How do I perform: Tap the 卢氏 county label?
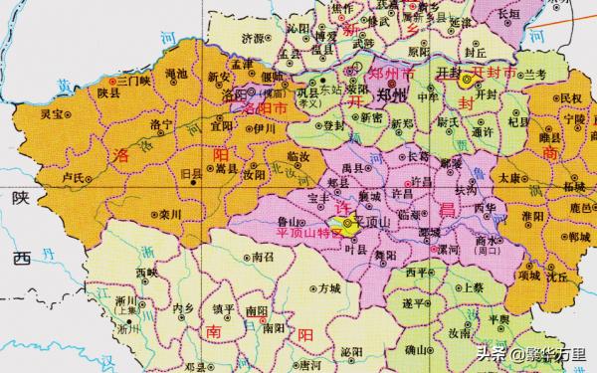click(x=73, y=176)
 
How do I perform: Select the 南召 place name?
click(x=263, y=258)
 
